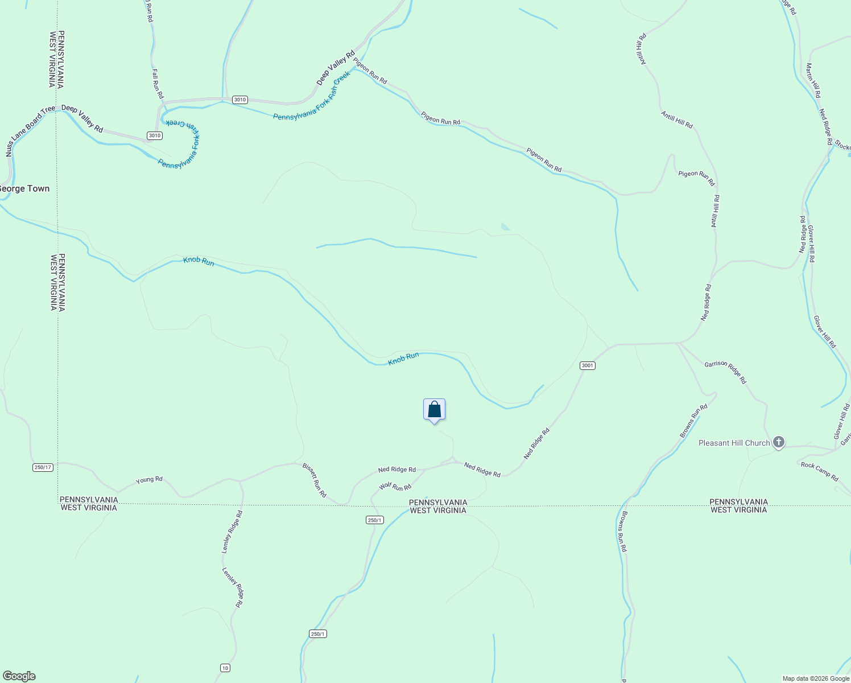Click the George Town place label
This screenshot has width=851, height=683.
coord(24,188)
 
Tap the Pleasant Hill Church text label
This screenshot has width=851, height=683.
coord(734,443)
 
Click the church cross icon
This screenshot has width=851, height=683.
coord(779,442)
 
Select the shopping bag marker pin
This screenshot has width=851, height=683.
coord(434,410)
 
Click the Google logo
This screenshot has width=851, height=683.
coord(19,676)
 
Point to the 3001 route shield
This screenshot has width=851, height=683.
coord(588,365)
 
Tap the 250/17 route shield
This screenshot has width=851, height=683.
coord(43,467)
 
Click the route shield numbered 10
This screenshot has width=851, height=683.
coord(226,668)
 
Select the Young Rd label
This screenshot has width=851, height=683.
coord(149,480)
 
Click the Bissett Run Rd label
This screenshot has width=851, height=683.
coord(314,480)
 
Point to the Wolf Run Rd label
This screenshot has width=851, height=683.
coord(395,487)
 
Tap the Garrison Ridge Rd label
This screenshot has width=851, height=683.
coord(725,372)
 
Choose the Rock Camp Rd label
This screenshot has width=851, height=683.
coord(819,472)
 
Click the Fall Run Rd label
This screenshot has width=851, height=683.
coord(158,84)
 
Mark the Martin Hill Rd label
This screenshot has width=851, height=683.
coord(813,80)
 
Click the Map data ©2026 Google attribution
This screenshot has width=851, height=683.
coord(816,678)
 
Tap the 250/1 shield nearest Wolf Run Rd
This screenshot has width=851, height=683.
coord(375,520)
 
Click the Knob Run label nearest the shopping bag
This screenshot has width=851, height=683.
coord(403,359)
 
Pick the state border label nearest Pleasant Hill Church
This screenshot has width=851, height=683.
coord(738,506)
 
